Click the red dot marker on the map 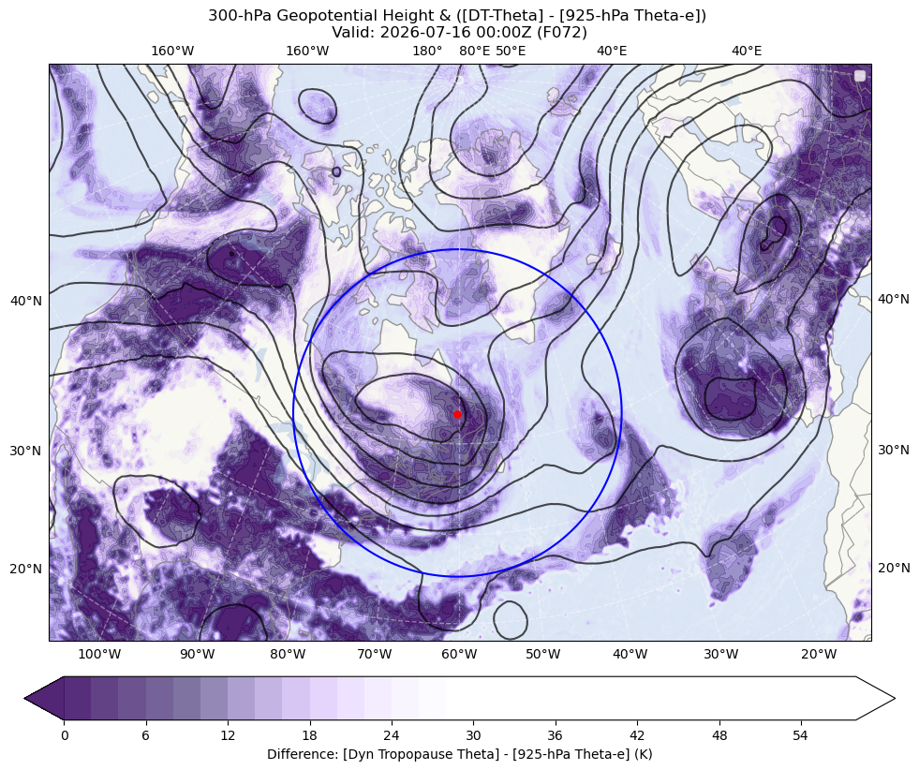point(457,414)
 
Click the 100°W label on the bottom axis point(99,654)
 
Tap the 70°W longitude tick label point(374,654)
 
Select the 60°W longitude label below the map point(459,654)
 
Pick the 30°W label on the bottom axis point(720,654)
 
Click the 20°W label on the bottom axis point(819,654)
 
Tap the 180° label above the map point(427,51)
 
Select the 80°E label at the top point(474,51)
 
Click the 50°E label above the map point(511,51)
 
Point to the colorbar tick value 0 point(65,735)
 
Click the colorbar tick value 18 point(309,735)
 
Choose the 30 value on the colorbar point(473,735)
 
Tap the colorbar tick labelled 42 point(637,735)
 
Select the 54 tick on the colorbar point(801,735)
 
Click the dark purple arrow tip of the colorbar point(25,698)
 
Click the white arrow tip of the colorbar point(894,698)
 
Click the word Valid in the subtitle point(351,32)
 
